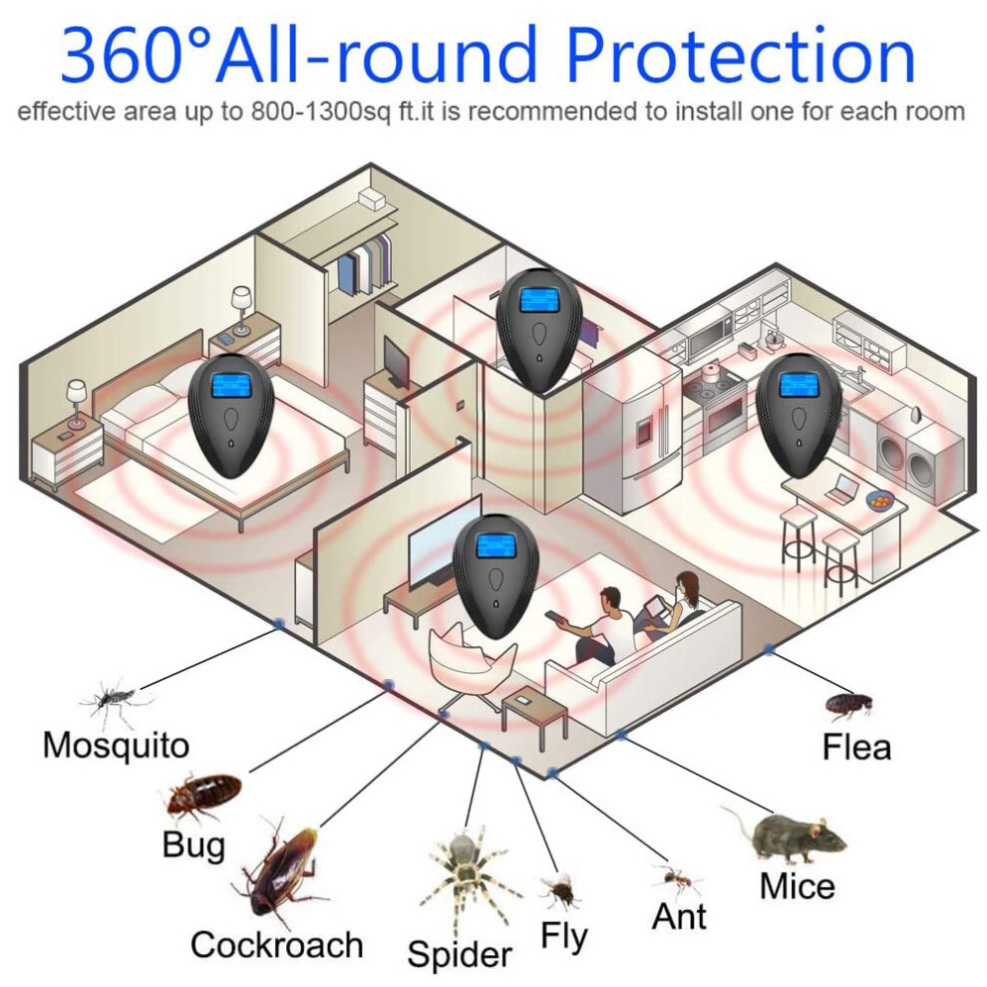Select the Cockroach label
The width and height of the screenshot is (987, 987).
pyautogui.click(x=277, y=945)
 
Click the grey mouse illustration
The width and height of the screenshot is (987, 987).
pyautogui.click(x=787, y=834)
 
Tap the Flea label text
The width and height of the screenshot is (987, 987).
pyautogui.click(x=856, y=747)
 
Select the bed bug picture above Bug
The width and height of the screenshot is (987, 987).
pyautogui.click(x=202, y=797)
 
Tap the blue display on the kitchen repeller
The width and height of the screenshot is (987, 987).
pyautogui.click(x=798, y=384)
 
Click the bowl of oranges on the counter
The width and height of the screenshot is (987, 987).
pyautogui.click(x=880, y=499)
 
